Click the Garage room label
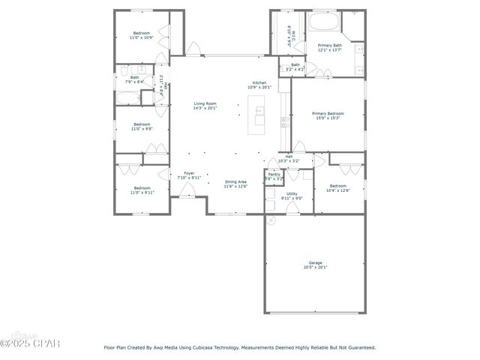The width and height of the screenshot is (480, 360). point(314,262)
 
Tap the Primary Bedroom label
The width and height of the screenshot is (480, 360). point(328,113)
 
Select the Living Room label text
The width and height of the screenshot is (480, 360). point(205,103)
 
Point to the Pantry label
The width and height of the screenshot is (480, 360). point(274,174)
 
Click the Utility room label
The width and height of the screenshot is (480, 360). point(292,193)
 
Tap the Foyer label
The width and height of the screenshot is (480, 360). point(189,173)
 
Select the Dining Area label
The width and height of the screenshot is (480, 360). point(236,181)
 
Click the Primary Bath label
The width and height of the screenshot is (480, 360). point(329,45)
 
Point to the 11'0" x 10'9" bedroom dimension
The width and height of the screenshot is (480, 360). point(142,37)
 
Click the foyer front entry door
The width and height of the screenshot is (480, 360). point(185,196)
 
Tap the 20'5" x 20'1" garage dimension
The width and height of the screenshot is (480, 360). point(314,267)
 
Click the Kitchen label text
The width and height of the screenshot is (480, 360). point(259,82)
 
